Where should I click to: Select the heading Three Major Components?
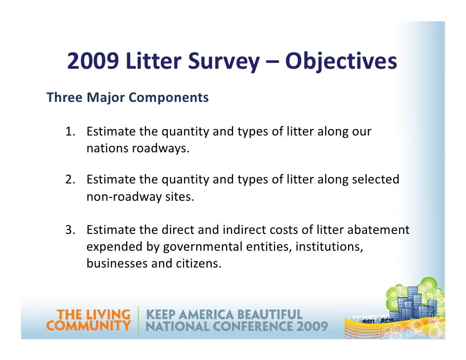pos(128,98)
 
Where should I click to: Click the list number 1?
pos(70,132)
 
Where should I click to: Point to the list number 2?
pos(70,180)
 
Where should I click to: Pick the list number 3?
pos(70,230)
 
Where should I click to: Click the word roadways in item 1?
pos(159,148)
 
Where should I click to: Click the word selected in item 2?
pos(374,180)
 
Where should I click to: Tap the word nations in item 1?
pos(106,148)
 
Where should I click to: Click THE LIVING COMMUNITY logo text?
pos(89,320)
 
